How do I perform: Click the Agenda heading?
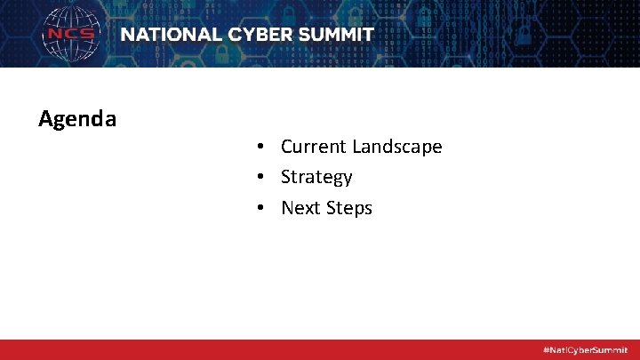77,118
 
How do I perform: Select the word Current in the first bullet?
314,147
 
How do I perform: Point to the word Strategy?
316,178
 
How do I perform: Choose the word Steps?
348,209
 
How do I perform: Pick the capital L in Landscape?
357,147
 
